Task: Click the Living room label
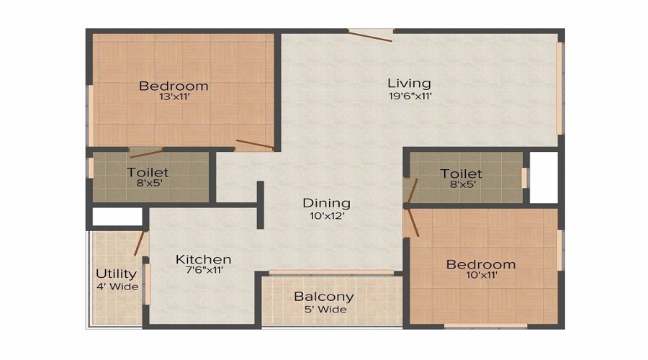point(409,83)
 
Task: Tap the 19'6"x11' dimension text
point(409,96)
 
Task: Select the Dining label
point(326,203)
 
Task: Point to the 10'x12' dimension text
point(326,215)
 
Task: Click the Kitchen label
point(204,259)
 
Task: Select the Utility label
point(116,274)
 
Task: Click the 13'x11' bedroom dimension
point(174,96)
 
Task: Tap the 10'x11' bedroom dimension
point(480,276)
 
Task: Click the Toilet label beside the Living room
point(462,174)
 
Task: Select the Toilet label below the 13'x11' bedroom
point(148,172)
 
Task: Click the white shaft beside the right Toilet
point(544,176)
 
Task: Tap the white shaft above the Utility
point(117,217)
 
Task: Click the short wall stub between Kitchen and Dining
point(260,204)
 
